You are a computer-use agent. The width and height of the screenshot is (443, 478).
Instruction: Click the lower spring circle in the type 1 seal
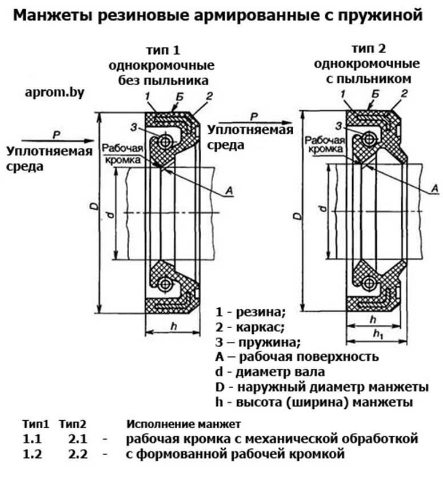(x=165, y=283)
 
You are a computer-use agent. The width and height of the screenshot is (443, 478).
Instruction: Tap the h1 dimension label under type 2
(x=378, y=333)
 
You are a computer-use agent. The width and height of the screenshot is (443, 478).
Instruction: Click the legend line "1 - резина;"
(x=250, y=312)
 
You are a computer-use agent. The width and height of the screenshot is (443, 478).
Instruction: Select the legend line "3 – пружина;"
(x=258, y=342)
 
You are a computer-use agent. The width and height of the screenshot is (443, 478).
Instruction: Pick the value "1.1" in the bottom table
(x=33, y=439)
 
